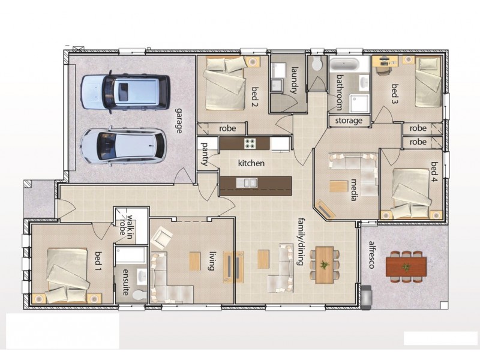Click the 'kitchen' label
pos(251,163)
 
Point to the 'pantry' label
pos(205,154)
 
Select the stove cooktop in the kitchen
pos(250,143)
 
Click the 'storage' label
pos(349,121)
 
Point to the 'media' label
pos(354,190)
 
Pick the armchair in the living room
pos(162,239)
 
